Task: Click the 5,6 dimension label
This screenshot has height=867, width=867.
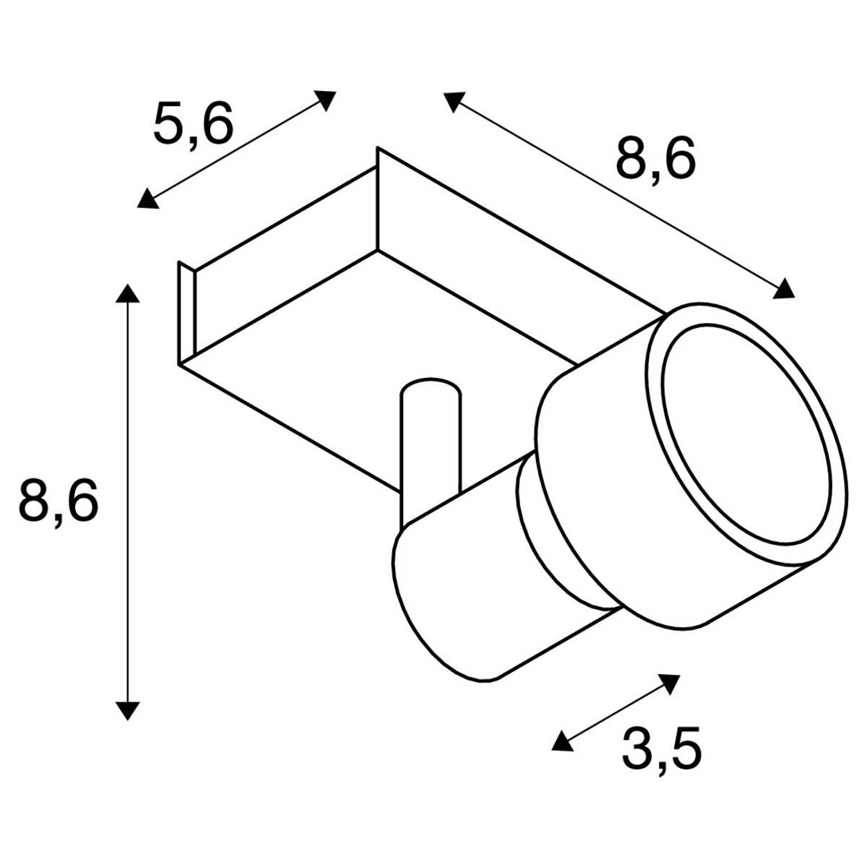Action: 194,124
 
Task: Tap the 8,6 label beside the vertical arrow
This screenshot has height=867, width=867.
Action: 58,500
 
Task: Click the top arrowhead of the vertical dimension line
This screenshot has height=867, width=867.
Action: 127,293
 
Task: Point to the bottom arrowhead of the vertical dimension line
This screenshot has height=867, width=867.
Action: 127,710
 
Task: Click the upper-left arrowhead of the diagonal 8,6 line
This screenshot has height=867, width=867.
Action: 453,101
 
